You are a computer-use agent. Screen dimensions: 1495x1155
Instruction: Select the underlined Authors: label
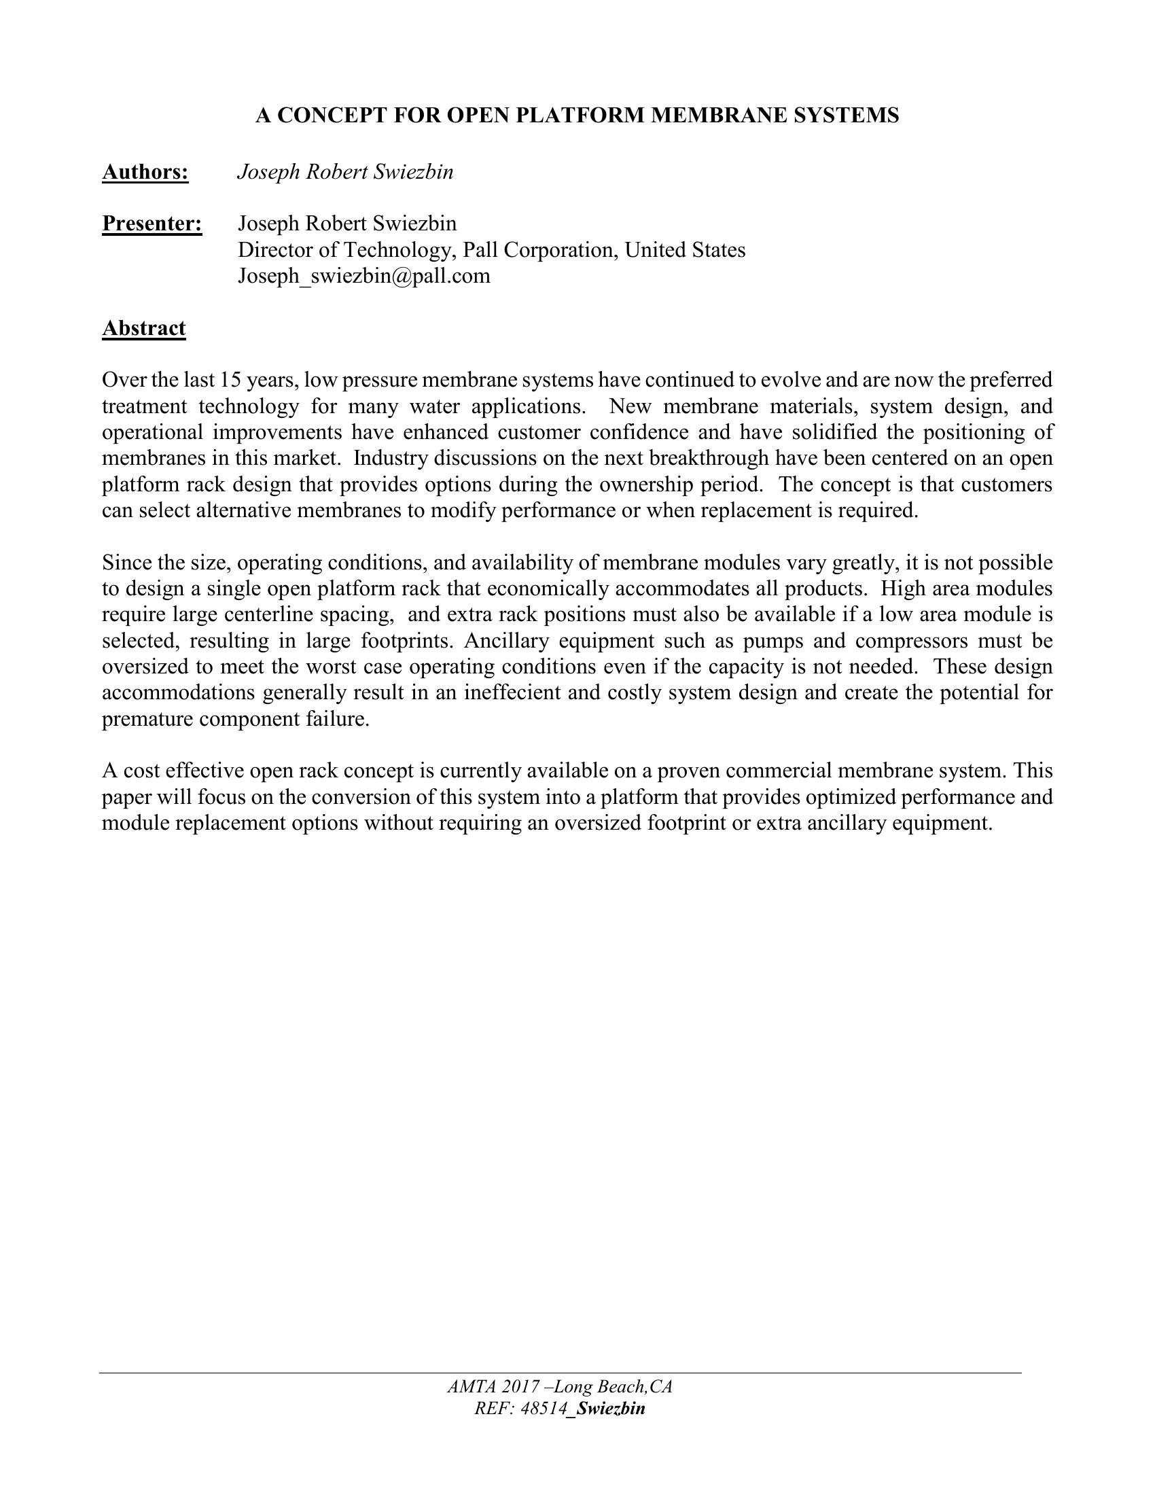(x=145, y=172)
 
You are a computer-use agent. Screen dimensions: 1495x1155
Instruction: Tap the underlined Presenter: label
(x=152, y=224)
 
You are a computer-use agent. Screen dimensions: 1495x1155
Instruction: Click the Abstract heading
(x=143, y=329)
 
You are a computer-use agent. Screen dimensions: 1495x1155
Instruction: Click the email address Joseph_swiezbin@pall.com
(x=364, y=276)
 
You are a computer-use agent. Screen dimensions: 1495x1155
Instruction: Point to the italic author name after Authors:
(x=345, y=172)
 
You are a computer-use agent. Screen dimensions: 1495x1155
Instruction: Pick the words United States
(x=685, y=250)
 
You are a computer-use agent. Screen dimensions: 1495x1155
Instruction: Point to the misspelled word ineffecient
(x=513, y=692)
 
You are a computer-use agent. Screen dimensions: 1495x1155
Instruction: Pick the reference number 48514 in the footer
(x=545, y=1408)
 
